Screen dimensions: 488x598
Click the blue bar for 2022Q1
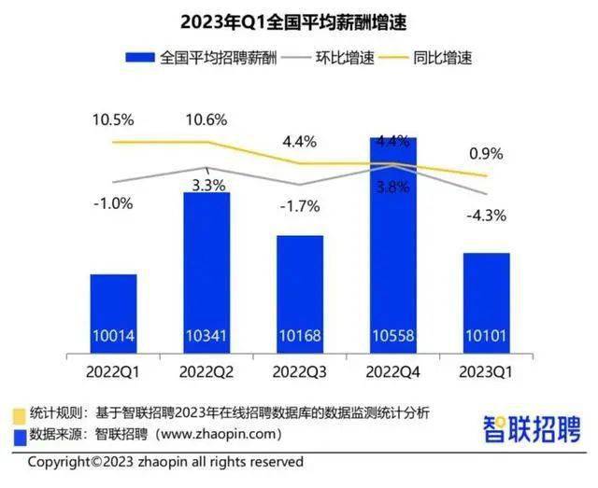point(113,299)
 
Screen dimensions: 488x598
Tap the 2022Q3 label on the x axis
point(300,372)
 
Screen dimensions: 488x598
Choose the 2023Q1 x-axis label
point(487,372)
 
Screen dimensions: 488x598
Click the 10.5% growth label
point(113,119)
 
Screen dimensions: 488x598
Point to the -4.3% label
point(487,216)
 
